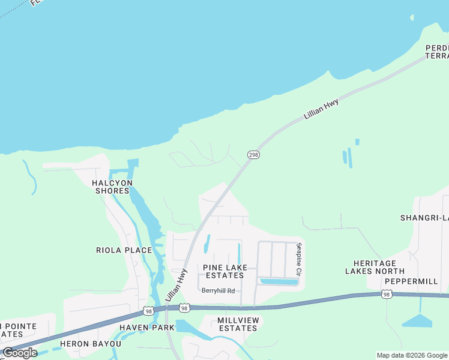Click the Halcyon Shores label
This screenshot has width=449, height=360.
click(x=112, y=187)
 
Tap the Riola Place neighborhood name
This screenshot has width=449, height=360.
click(x=124, y=250)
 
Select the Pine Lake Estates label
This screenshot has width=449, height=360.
click(x=223, y=271)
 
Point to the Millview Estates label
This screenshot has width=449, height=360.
click(x=238, y=324)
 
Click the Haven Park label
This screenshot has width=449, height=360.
click(x=146, y=328)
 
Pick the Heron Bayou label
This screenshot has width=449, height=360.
click(x=95, y=344)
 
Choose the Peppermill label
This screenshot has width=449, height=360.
click(x=412, y=281)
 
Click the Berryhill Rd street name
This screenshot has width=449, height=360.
click(x=218, y=290)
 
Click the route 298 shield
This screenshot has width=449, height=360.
click(x=253, y=155)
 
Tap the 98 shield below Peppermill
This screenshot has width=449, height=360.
click(x=387, y=294)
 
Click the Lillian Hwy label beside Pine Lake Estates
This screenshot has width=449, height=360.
click(x=176, y=285)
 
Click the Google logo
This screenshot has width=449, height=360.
click(x=20, y=353)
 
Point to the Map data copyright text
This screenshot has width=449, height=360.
click(x=412, y=355)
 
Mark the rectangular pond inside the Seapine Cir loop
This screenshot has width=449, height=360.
click(x=278, y=281)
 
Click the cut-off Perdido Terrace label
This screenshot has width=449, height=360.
click(x=437, y=52)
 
